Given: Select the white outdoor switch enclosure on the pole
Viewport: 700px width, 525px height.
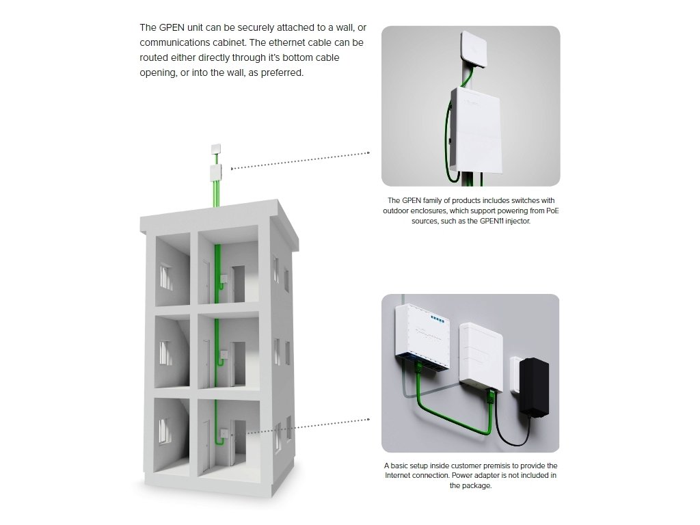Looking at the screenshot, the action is click(x=473, y=129).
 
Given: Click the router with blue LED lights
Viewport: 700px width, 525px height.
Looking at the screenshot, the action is click(x=421, y=336).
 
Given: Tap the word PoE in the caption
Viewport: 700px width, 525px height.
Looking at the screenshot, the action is click(x=550, y=211).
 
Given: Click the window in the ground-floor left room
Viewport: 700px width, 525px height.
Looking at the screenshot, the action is click(x=165, y=431).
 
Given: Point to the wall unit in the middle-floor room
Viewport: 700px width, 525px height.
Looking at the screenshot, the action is click(x=223, y=354).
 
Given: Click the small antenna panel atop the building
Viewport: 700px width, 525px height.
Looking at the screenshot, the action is click(x=215, y=150).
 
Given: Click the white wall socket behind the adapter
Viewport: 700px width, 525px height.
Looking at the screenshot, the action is click(x=514, y=369).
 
